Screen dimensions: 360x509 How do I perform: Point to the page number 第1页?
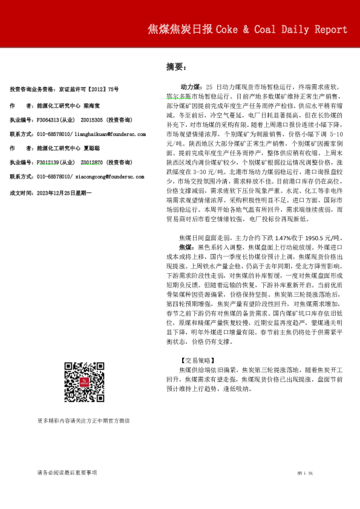coord(304,473)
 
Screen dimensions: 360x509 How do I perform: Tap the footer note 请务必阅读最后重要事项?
coord(67,473)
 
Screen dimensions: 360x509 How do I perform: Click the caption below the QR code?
coord(83,420)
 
